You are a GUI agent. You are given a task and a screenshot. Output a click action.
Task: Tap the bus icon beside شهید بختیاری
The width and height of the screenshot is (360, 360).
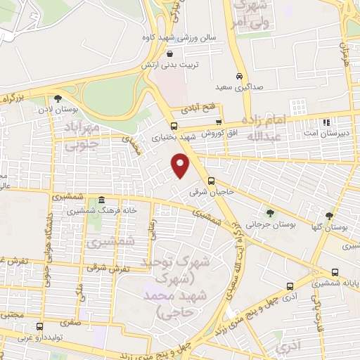[x=174, y=125]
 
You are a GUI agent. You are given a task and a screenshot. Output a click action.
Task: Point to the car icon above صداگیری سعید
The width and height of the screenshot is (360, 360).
[x=239, y=76]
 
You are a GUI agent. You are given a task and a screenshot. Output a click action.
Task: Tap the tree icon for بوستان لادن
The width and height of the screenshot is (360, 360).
[x=58, y=99]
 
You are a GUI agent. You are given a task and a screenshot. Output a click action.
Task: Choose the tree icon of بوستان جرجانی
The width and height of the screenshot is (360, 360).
[x=271, y=212]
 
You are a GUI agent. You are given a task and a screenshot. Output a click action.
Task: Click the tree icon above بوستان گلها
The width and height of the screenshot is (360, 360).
[x=329, y=216]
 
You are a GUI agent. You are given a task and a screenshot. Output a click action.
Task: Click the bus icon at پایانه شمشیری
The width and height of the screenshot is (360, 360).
[x=335, y=272]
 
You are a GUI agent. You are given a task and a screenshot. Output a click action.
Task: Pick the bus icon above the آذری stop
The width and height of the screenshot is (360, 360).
[x=289, y=287]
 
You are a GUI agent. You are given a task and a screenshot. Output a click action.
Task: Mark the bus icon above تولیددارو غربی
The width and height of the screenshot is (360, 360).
[x=39, y=327]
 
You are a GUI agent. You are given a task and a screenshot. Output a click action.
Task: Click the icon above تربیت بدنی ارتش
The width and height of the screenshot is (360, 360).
[x=169, y=53]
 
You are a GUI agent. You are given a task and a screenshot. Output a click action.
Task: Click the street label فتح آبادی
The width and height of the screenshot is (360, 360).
[x=201, y=110]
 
